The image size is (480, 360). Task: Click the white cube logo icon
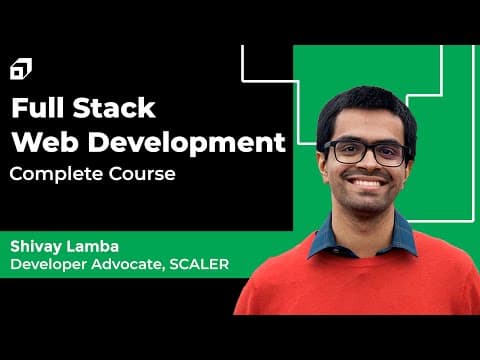[x=21, y=69]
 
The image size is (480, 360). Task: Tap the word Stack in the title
[x=114, y=108]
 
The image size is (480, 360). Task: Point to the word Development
[x=187, y=144]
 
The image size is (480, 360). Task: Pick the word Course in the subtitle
[x=142, y=174]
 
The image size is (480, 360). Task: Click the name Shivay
[x=36, y=247]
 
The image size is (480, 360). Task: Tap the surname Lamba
[x=93, y=246]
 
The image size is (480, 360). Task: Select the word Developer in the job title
[x=49, y=265]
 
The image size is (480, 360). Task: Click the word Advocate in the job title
[x=129, y=264]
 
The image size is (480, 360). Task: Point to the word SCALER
[x=199, y=264]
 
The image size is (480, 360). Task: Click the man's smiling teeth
[x=367, y=183]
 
